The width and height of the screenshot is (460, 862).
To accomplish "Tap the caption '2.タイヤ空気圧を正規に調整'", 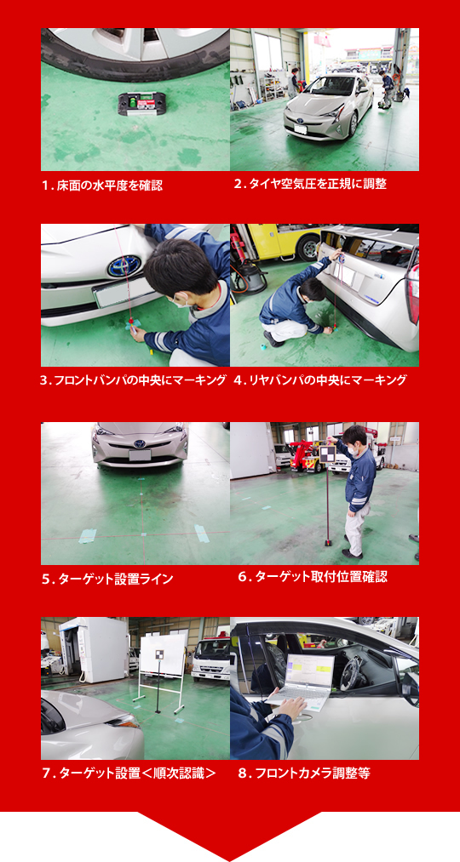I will [x=310, y=184].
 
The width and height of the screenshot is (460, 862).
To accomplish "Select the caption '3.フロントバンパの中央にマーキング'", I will [x=133, y=380].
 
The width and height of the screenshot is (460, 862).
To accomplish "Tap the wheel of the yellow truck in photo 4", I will [x=308, y=248].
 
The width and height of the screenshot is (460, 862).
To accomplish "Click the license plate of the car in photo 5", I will [x=141, y=456].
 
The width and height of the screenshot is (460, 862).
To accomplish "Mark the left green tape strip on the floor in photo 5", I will [x=87, y=536].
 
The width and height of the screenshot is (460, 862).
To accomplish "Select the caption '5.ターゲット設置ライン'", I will [x=107, y=579].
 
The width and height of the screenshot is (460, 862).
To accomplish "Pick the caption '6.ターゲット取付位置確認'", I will [x=312, y=577].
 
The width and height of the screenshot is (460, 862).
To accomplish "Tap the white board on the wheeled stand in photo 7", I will [x=161, y=658].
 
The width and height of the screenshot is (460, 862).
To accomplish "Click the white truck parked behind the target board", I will [x=210, y=659].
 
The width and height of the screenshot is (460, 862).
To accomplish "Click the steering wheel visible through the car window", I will [x=348, y=673].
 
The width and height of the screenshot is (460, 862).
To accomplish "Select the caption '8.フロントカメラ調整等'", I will [x=304, y=774].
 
